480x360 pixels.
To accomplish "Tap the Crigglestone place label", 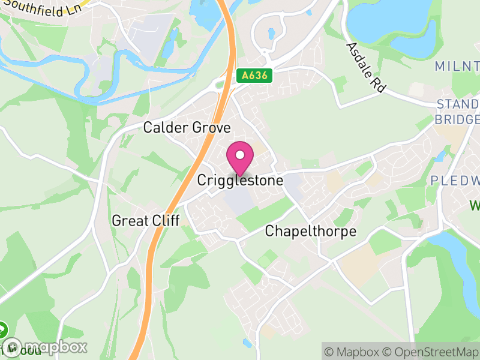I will pos(240,180).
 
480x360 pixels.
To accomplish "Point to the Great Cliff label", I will pos(146,221).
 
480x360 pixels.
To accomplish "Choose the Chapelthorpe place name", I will pos(311,231).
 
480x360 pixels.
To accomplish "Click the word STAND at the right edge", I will pos(457,105).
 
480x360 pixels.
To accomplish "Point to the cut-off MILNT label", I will pos(457,65).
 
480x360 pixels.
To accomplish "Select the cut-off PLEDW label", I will pos(455,181).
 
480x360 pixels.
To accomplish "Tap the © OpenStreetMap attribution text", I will pos(431,352).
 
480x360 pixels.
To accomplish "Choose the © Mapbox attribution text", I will pos(353,352).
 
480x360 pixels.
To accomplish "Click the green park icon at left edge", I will pos(2,329).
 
